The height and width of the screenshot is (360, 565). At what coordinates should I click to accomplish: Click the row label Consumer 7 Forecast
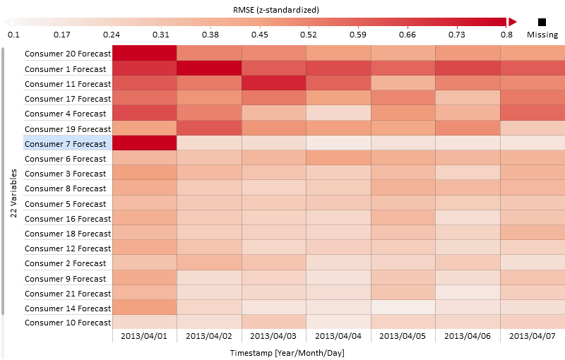click(65, 144)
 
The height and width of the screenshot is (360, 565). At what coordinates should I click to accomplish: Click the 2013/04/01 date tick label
click(143, 336)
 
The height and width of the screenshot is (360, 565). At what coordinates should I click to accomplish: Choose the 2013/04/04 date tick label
click(338, 336)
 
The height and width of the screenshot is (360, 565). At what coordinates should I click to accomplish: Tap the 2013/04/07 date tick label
click(532, 336)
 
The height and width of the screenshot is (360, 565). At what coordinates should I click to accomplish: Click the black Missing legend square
click(542, 22)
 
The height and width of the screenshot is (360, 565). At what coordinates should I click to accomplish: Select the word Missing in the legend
click(542, 35)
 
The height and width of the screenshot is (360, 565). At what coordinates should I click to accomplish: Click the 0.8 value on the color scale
click(506, 35)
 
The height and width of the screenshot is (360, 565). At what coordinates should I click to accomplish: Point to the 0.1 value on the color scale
click(13, 35)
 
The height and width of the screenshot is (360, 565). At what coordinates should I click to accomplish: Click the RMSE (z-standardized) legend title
click(275, 10)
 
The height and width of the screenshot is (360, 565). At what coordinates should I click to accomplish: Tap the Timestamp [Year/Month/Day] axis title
click(287, 352)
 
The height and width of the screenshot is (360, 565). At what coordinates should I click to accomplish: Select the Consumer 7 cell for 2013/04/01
click(144, 143)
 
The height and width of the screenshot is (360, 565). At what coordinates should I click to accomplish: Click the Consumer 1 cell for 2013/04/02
click(209, 68)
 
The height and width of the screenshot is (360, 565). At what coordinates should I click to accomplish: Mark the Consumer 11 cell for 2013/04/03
click(274, 83)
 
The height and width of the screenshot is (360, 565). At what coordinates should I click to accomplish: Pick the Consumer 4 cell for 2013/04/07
click(533, 114)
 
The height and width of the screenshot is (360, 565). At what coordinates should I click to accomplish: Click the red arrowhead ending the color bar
click(513, 22)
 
